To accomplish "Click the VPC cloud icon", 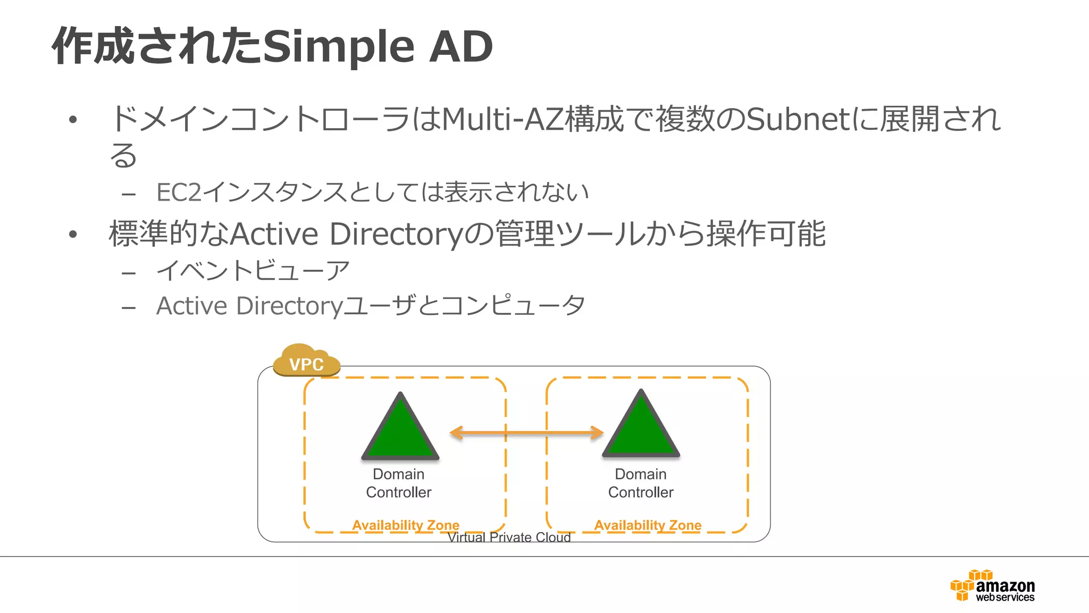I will click(306, 361).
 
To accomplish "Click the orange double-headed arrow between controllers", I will click(526, 433).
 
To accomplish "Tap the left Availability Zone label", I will click(405, 525).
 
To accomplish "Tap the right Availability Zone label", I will click(648, 525).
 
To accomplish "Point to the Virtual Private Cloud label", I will click(509, 537).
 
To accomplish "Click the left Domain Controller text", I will click(399, 483).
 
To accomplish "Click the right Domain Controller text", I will click(641, 483).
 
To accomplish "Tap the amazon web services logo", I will click(993, 586).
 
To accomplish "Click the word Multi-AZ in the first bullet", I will click(502, 119).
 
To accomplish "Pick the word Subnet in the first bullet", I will click(798, 119).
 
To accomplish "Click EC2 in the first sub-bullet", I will click(179, 193).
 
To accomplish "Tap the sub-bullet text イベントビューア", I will click(253, 270).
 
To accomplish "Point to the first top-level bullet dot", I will click(73, 120).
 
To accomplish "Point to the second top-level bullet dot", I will click(73, 234).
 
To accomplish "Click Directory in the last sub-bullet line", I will click(289, 306).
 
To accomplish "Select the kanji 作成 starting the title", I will click(94, 47).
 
